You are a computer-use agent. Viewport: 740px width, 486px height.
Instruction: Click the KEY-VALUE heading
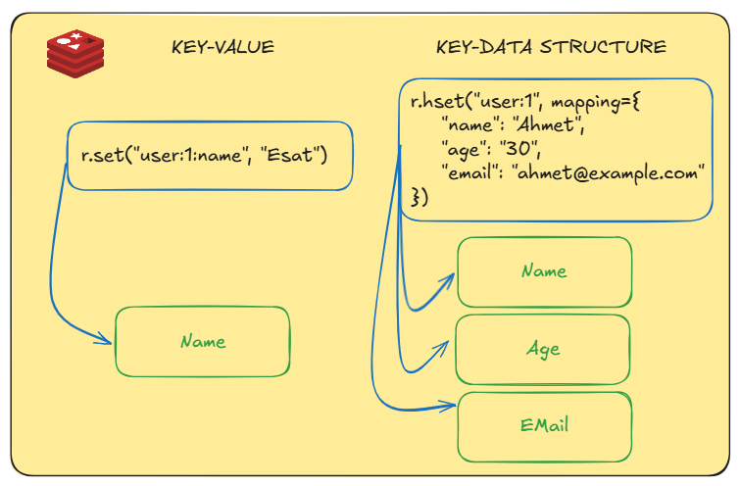click(222, 47)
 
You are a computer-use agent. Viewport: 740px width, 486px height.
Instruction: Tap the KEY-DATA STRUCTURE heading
click(551, 47)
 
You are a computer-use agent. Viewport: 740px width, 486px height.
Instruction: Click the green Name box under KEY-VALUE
click(203, 341)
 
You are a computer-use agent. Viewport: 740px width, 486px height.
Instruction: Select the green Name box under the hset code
click(544, 271)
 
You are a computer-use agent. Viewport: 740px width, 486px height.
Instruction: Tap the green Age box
click(543, 350)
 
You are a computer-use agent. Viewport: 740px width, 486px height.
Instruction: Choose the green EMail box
click(544, 425)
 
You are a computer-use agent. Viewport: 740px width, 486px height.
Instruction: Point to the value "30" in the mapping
click(517, 148)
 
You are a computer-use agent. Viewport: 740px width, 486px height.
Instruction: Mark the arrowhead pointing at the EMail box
click(449, 403)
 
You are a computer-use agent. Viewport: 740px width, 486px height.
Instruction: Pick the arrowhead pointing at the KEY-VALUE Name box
click(105, 340)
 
